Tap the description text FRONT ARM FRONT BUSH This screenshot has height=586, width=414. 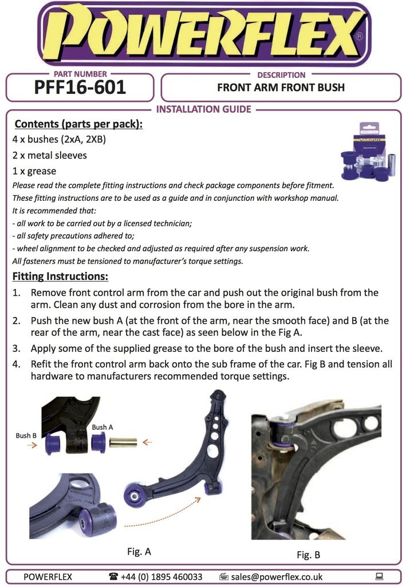(281, 88)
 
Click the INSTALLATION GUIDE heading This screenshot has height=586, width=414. (203, 109)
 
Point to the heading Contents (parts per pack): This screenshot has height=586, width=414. (78, 124)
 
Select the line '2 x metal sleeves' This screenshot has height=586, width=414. (50, 155)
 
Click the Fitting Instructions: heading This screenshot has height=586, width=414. (60, 277)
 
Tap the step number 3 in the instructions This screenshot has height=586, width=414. (17, 348)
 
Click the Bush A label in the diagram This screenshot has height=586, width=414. (102, 427)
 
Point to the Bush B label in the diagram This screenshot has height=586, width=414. (26, 435)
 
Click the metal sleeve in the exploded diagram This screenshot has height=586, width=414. (123, 442)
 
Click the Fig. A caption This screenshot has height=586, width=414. (139, 552)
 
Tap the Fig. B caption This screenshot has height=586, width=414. (308, 555)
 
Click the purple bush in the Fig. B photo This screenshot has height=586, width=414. (285, 434)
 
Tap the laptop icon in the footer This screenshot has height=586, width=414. (378, 577)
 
